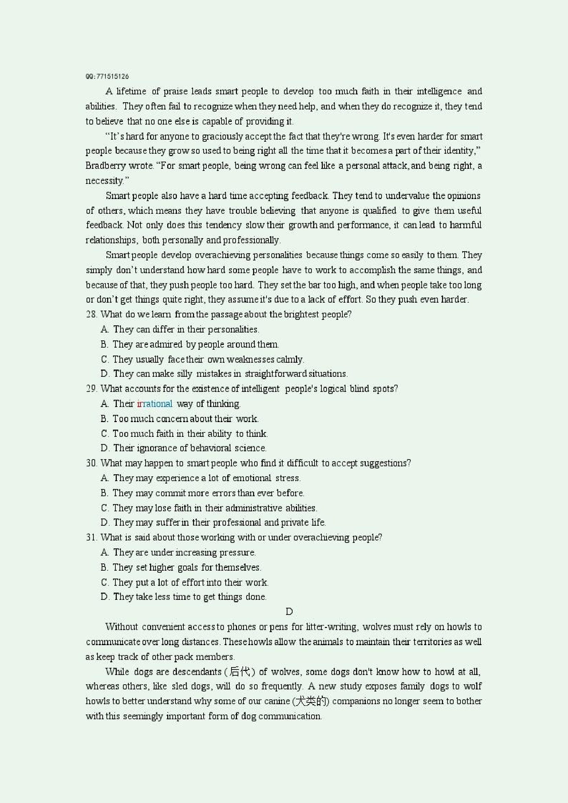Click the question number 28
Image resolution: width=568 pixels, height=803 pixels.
[91, 314]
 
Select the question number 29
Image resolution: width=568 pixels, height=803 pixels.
[91, 389]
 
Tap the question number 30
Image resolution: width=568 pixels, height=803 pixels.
[91, 463]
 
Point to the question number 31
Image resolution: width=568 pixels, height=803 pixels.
[91, 537]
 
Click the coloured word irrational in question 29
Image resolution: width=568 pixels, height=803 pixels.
[154, 404]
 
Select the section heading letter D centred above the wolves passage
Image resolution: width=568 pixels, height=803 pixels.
[289, 612]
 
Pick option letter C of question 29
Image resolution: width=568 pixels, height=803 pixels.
[105, 434]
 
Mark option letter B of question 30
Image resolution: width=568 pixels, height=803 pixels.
[104, 493]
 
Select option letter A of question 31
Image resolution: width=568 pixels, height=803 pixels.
[104, 552]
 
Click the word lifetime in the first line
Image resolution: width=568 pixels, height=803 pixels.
[131, 92]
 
